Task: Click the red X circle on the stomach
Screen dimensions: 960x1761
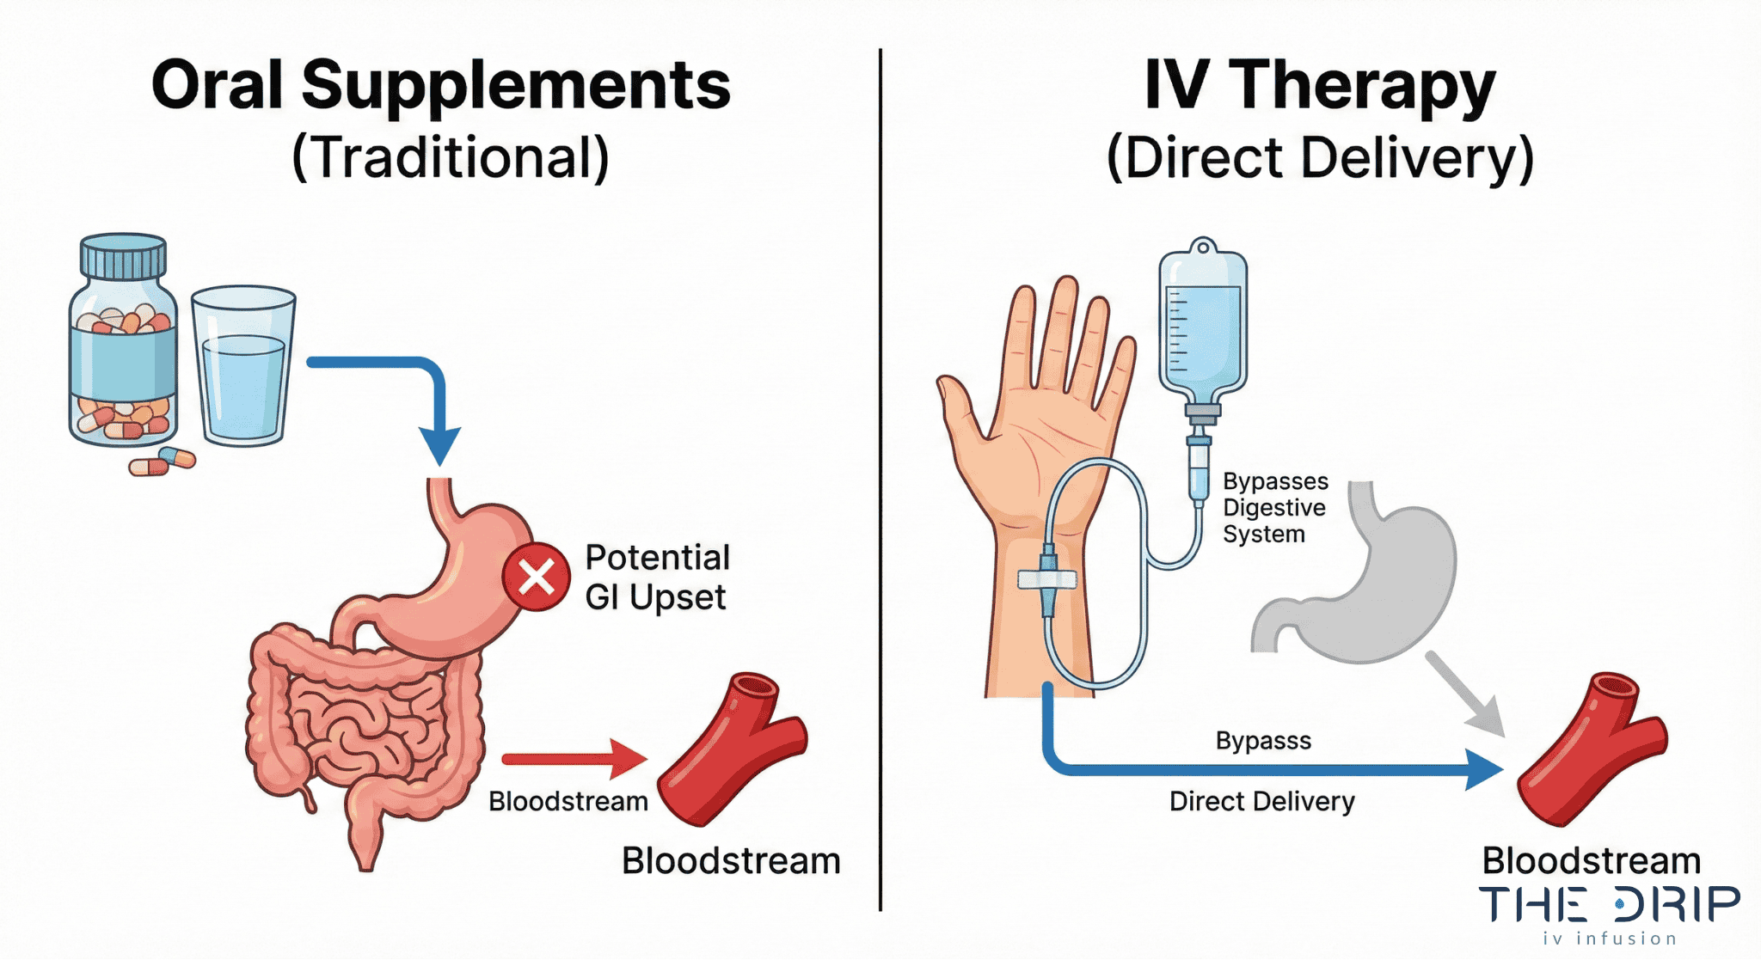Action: [x=536, y=577]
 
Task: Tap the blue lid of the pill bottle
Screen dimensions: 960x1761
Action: [x=123, y=256]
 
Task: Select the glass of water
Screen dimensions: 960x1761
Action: [x=243, y=367]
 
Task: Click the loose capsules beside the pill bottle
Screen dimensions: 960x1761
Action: [x=163, y=462]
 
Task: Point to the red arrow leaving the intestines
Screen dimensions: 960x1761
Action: [x=572, y=758]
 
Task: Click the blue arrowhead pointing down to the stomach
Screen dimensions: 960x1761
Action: [x=440, y=444]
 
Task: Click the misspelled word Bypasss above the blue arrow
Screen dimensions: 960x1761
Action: [x=1263, y=740]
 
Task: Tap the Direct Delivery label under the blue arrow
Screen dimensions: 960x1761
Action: [x=1261, y=801]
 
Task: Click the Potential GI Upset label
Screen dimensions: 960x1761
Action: [x=656, y=577]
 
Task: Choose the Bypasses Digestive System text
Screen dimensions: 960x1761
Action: [x=1274, y=507]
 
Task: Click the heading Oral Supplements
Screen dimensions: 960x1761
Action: [x=440, y=85]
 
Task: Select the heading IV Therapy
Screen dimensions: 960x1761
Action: [x=1320, y=85]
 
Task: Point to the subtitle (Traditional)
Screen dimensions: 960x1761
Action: [x=451, y=158]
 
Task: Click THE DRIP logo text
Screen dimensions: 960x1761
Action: [x=1608, y=904]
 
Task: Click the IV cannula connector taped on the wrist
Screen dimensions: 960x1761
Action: [x=1047, y=579]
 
